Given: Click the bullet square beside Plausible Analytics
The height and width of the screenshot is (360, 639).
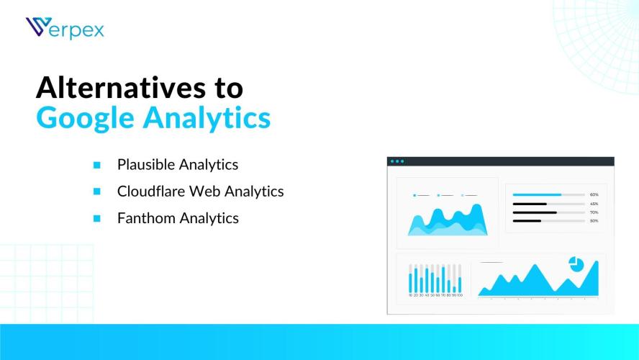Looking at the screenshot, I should (96, 165).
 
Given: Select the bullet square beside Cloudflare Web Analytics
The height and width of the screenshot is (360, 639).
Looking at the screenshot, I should (96, 192).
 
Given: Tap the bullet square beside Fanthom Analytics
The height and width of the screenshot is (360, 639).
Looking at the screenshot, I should (96, 218).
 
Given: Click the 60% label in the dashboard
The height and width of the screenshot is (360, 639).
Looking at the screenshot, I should (594, 195).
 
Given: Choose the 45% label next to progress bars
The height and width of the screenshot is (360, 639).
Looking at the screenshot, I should (594, 204).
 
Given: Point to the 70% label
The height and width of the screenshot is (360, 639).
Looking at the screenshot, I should (594, 212).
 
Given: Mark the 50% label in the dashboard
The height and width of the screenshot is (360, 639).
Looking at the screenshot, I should (594, 221).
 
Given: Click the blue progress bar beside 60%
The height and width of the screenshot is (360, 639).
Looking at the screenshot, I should (537, 195).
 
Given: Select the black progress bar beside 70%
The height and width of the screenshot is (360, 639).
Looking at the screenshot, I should (535, 212).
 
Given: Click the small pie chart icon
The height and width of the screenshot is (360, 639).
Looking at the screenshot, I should (576, 264).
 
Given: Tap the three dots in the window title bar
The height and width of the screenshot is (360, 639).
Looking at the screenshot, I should (397, 161).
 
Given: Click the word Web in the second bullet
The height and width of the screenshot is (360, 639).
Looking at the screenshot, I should (205, 192).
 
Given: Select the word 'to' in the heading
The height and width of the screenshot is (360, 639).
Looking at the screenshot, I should (225, 88).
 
